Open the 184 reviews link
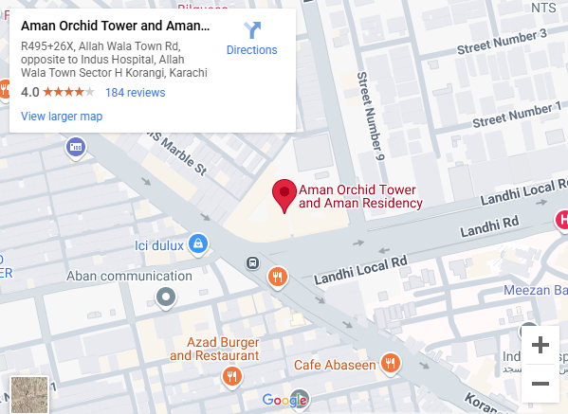135,93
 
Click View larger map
62,117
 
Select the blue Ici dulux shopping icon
197,244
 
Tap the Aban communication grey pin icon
167,298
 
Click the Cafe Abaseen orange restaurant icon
390,363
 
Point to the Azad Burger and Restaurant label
214,349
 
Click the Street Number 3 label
502,42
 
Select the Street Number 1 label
520,115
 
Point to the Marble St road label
178,154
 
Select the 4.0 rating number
29,93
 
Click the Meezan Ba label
536,291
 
